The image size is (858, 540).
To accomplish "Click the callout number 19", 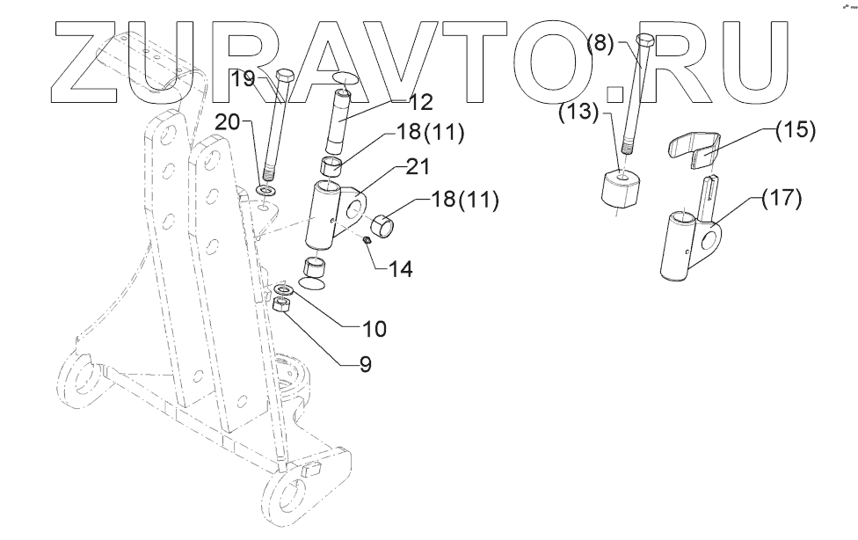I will pyautogui.click(x=243, y=79).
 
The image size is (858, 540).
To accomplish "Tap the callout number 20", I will pyautogui.click(x=228, y=123).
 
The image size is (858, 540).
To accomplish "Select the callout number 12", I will pyautogui.click(x=421, y=102).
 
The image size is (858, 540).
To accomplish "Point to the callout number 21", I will pyautogui.click(x=418, y=167).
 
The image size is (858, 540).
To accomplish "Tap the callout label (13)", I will pyautogui.click(x=576, y=112).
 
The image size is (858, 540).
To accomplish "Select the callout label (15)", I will pyautogui.click(x=795, y=130).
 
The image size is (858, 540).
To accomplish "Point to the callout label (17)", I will pyautogui.click(x=782, y=198).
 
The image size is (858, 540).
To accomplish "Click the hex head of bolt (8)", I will pyautogui.click(x=644, y=40).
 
